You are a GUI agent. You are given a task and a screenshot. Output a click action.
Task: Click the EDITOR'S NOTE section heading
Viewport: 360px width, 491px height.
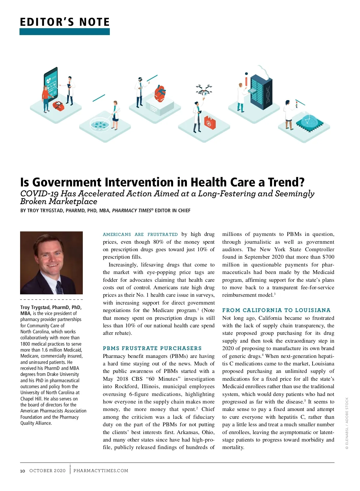(65, 22)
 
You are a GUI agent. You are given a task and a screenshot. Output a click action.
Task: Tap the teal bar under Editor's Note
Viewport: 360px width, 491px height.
(64, 32)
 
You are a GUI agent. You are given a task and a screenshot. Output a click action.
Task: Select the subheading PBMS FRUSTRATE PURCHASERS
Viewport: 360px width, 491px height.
(152, 348)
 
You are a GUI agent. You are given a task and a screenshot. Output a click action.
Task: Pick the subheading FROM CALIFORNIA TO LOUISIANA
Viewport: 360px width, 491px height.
(276, 310)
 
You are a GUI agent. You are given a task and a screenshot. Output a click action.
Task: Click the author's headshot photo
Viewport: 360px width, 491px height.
(51, 263)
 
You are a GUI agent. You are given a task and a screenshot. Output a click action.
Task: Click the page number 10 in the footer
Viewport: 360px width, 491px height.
(22, 471)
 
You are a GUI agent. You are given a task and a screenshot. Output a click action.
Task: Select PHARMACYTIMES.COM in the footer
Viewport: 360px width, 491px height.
(101, 471)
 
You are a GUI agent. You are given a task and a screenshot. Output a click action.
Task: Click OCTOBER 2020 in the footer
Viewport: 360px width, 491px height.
(47, 471)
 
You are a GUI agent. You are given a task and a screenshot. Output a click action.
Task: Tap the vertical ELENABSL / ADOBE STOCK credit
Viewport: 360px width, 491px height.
(347, 423)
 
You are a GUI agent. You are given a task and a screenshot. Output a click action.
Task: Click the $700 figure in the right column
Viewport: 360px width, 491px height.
(328, 257)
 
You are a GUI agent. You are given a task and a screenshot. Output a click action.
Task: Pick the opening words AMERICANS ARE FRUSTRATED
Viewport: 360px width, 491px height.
(140, 234)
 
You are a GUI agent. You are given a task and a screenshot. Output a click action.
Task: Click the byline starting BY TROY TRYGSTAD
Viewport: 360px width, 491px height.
(105, 210)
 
